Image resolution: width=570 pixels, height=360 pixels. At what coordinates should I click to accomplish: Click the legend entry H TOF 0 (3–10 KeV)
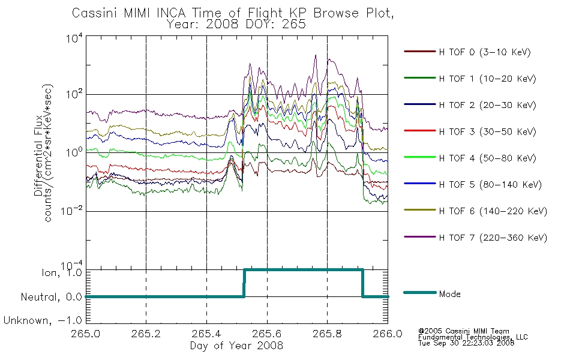tap(485, 52)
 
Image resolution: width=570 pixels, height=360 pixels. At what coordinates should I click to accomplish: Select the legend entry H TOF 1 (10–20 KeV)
tap(487, 79)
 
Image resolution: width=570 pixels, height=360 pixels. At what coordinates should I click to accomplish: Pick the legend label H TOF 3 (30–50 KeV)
tap(487, 131)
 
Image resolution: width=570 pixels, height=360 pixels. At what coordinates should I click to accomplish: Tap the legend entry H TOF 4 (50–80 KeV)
tap(487, 158)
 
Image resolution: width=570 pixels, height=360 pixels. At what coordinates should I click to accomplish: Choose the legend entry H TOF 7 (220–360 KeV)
tap(493, 238)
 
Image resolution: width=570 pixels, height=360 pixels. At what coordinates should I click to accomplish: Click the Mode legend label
tap(449, 294)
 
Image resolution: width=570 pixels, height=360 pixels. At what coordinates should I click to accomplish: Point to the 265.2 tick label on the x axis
tap(146, 334)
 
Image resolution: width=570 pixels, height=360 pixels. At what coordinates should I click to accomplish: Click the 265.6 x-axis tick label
tap(267, 334)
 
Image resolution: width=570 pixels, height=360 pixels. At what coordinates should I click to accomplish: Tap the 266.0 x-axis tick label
tap(388, 334)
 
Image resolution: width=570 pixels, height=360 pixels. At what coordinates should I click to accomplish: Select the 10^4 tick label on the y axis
tap(74, 38)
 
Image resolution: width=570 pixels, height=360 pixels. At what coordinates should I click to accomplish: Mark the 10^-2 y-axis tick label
tap(72, 211)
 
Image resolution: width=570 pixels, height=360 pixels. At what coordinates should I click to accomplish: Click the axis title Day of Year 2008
tap(236, 346)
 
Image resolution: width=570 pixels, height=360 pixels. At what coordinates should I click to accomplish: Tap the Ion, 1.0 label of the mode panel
tap(62, 273)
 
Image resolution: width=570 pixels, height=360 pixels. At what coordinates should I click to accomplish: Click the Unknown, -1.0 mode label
tap(43, 320)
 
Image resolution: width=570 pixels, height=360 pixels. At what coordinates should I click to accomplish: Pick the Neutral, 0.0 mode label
tap(52, 297)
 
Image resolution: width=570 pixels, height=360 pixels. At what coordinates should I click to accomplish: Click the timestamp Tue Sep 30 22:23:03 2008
tap(466, 343)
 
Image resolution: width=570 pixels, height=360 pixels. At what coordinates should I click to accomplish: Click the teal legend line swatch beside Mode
tap(420, 292)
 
